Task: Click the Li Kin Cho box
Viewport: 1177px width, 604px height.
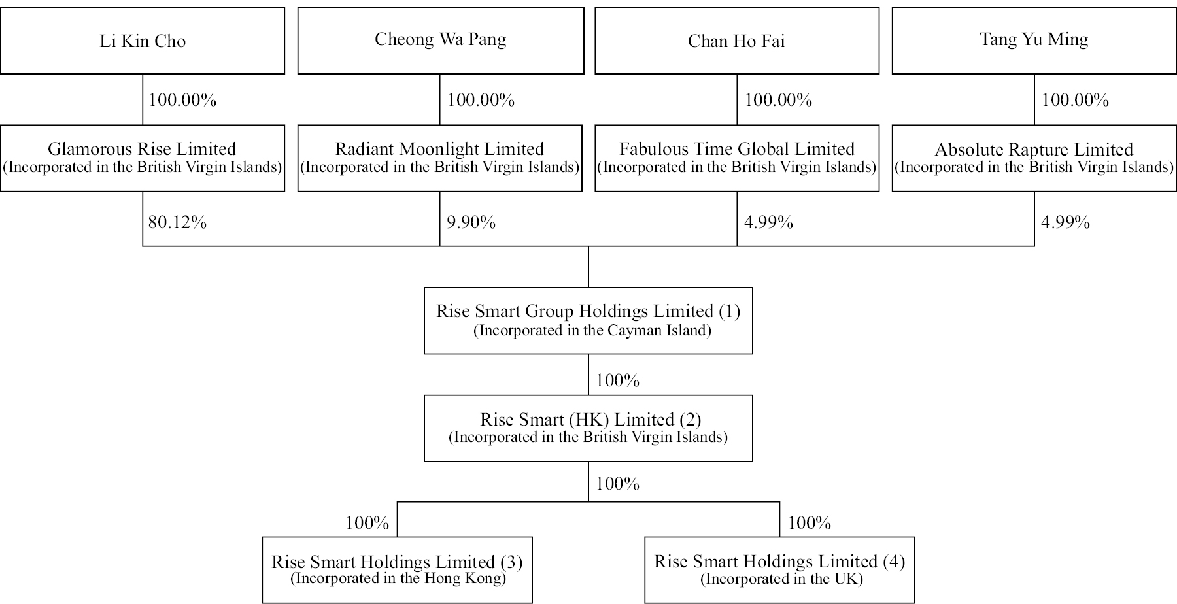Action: (143, 41)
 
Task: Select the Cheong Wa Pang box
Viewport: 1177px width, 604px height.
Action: (441, 41)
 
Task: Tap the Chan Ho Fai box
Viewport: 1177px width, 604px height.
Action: (737, 41)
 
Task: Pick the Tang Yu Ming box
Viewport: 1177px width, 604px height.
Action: (1034, 41)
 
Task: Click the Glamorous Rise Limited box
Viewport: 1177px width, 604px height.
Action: (143, 158)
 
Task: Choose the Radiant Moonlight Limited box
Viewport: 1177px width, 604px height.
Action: (440, 158)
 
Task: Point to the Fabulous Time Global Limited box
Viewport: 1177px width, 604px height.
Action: (737, 158)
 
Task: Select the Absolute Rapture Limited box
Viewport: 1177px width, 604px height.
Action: (1034, 158)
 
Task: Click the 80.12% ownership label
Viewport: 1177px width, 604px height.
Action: (177, 222)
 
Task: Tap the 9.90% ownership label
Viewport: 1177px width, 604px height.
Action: (471, 222)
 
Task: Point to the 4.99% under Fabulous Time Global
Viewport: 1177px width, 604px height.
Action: (768, 222)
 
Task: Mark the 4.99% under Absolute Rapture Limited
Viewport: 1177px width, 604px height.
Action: (1065, 222)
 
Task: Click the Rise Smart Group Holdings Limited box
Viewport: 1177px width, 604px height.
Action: (588, 320)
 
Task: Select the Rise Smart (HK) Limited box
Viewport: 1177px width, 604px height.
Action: (588, 428)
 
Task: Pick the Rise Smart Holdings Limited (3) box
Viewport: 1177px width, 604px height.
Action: (398, 570)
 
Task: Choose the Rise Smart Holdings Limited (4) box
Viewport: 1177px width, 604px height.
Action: (779, 570)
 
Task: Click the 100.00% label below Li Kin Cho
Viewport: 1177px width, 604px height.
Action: (182, 100)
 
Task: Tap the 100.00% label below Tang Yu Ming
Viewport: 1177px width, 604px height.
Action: (1075, 100)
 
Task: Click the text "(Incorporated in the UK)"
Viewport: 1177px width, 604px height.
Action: (781, 579)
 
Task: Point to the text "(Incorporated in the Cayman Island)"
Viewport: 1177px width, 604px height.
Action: (592, 330)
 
